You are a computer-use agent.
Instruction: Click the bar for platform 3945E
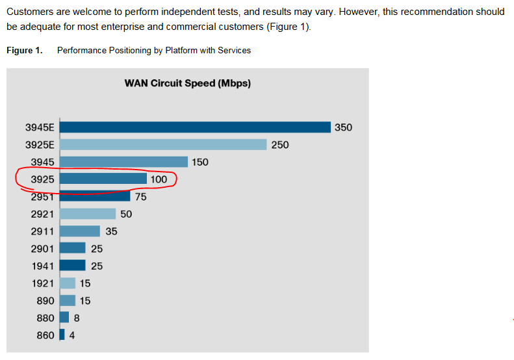click(x=195, y=127)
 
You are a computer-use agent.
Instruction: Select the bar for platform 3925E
click(x=162, y=144)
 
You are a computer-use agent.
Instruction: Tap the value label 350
click(x=343, y=127)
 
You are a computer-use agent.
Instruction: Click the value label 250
click(x=279, y=145)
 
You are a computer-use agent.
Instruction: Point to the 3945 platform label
click(x=43, y=162)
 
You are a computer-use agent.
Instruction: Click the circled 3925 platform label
click(x=43, y=179)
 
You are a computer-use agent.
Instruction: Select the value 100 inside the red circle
click(x=159, y=179)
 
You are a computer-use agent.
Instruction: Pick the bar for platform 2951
click(x=95, y=196)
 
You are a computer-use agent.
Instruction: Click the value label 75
click(x=140, y=197)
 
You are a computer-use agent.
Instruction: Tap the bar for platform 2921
click(x=87, y=214)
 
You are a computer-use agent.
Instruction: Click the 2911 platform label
click(x=43, y=231)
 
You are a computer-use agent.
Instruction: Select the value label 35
click(x=111, y=231)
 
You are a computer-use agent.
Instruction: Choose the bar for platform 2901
click(x=72, y=248)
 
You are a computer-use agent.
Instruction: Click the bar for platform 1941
click(x=72, y=265)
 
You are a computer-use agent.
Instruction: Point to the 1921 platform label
click(x=43, y=283)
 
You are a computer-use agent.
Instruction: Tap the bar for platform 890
click(x=67, y=300)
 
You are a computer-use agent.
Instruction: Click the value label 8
click(x=77, y=318)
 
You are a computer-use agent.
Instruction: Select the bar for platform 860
click(x=62, y=335)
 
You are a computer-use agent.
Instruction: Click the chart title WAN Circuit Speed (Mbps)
click(x=187, y=83)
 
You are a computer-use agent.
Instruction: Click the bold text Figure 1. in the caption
click(x=25, y=50)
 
